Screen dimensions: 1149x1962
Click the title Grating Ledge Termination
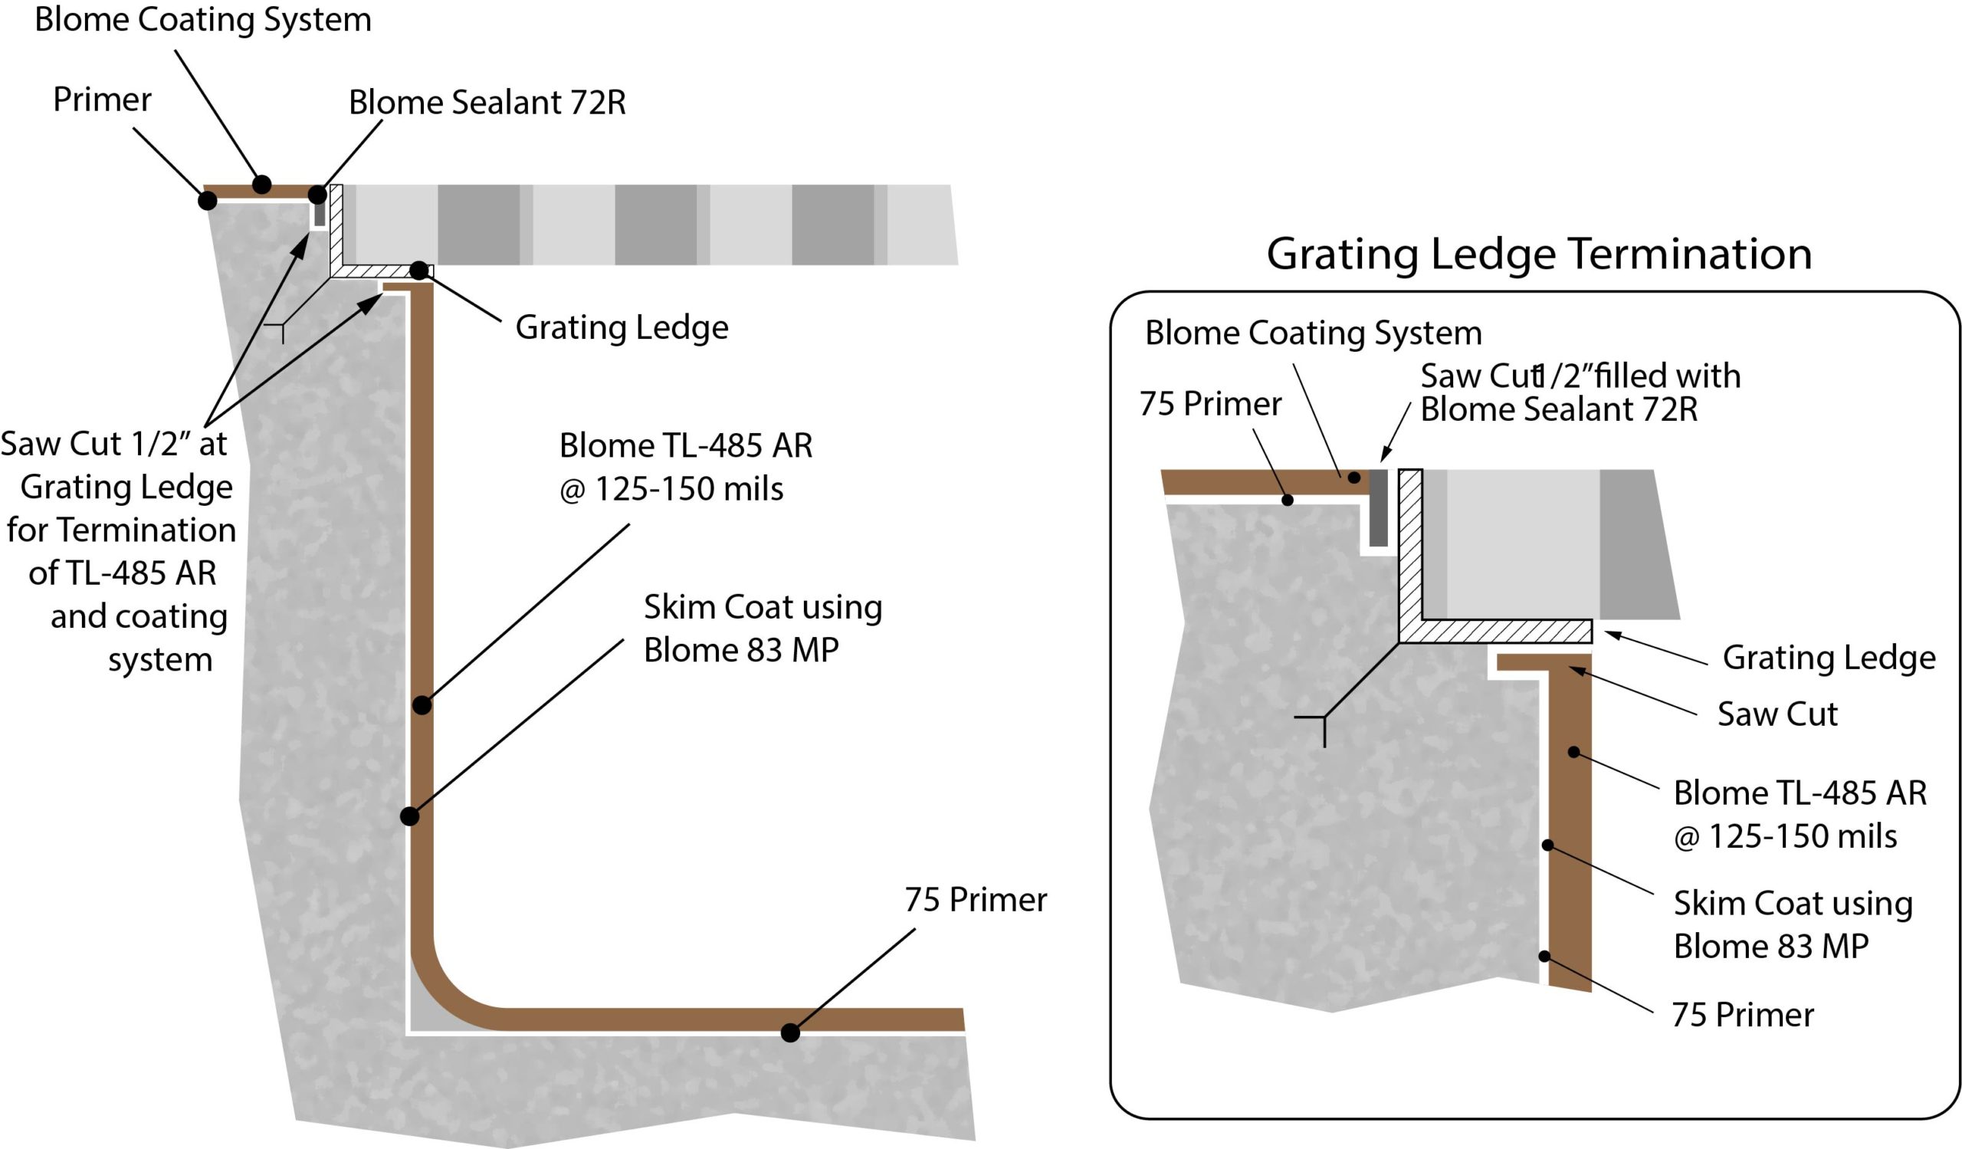(1538, 254)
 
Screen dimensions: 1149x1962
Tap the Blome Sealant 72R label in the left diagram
(487, 103)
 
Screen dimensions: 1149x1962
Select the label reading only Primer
(102, 100)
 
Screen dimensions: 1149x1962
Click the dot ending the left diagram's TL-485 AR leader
(422, 705)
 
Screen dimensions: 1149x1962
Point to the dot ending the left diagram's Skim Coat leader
(409, 816)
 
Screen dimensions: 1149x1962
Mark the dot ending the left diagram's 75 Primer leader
(790, 1033)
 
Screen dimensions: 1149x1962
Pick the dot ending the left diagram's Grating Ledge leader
(419, 271)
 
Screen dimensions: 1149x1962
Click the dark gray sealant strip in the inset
(1378, 507)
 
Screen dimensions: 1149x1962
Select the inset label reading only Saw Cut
(1777, 714)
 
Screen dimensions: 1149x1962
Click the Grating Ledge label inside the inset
(1829, 658)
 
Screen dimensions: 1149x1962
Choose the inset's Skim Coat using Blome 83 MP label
(1793, 924)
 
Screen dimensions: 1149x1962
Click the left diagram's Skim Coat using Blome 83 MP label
(763, 629)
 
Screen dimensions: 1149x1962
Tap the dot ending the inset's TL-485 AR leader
(1573, 752)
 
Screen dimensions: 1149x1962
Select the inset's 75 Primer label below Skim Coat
(1743, 1015)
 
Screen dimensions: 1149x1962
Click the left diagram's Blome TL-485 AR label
(685, 467)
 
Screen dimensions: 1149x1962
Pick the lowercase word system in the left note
(159, 660)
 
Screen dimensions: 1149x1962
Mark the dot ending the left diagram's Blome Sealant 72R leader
(317, 194)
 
